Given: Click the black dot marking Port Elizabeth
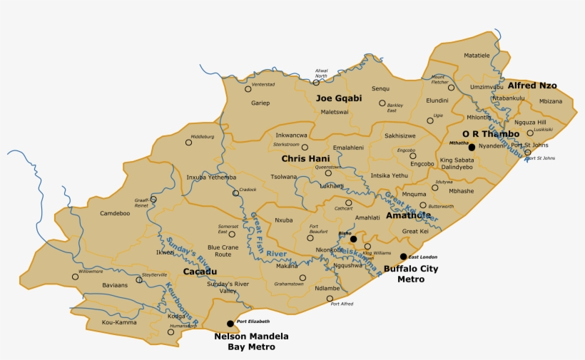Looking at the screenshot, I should [230, 324].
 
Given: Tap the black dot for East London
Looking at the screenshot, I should [403, 257].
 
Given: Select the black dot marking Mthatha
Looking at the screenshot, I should [471, 147].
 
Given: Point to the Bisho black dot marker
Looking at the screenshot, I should [353, 239].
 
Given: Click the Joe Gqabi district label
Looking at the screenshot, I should [339, 98].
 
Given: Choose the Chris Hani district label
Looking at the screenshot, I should [304, 158].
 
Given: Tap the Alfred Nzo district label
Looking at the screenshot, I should [532, 86].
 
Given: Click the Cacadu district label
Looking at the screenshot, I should [200, 272].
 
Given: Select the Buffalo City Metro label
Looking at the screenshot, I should [410, 274].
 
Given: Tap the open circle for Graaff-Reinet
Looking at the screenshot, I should [153, 199].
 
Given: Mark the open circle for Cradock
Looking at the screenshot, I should [235, 193].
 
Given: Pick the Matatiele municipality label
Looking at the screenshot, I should [477, 54].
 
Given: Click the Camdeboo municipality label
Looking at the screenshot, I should [115, 213].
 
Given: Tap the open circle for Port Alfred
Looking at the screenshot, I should [329, 298].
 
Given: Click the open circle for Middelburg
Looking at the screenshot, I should [188, 142].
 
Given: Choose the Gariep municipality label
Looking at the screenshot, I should [260, 103].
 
